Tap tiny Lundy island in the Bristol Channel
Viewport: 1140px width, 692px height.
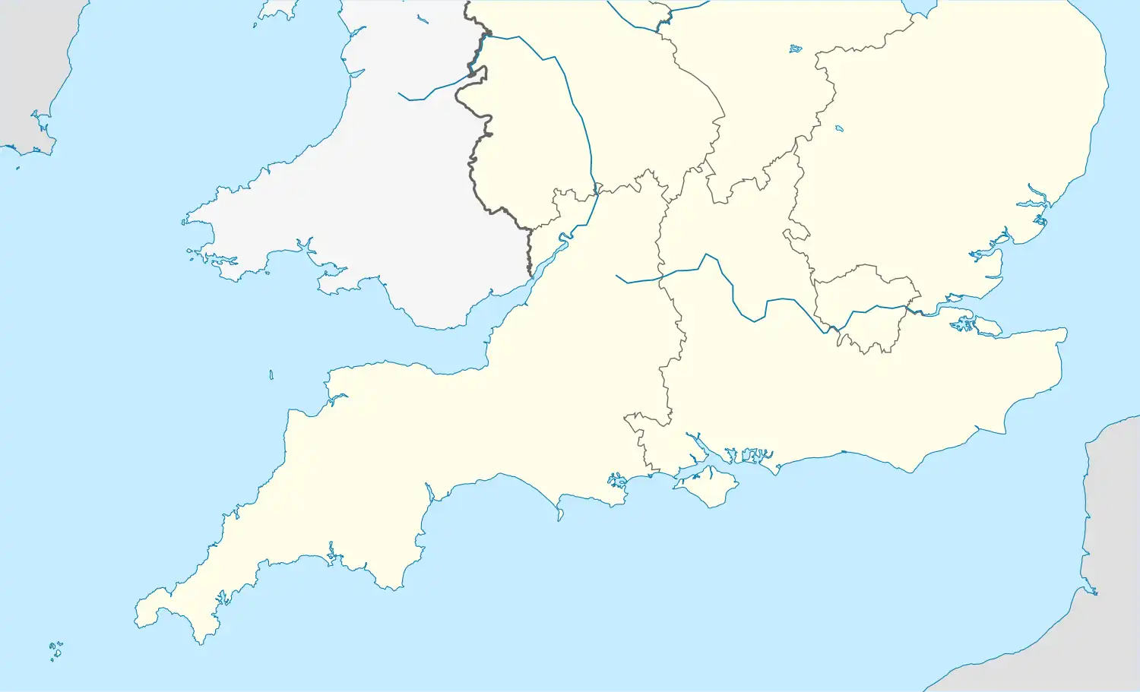point(271,374)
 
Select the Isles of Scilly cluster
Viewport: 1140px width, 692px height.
point(55,650)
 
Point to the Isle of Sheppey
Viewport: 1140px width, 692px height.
point(987,327)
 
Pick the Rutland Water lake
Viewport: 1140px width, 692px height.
point(795,49)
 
